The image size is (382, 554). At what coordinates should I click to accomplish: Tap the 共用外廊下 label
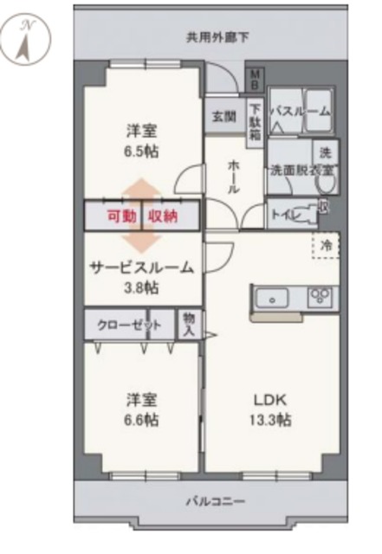[x=217, y=37]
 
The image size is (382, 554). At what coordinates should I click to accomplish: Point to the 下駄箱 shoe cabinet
[x=256, y=122]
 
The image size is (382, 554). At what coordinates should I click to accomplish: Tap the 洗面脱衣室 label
[x=296, y=170]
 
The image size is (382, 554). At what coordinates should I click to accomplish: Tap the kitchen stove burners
[x=320, y=299]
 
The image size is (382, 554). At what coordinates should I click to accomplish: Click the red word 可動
[x=120, y=216]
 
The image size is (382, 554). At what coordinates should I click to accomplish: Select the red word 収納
[x=163, y=216]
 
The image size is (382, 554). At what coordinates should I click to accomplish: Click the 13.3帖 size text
[x=271, y=420]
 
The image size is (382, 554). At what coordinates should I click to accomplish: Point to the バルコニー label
[x=216, y=501]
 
